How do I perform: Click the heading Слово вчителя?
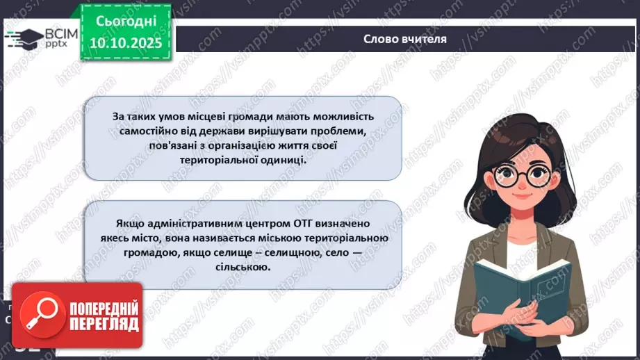pos(404,39)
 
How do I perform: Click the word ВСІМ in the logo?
pos(59,32)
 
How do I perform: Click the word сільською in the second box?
pos(243,266)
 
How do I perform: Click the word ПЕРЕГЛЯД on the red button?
pos(104,323)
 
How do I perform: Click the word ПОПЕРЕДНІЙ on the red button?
pos(104,308)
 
